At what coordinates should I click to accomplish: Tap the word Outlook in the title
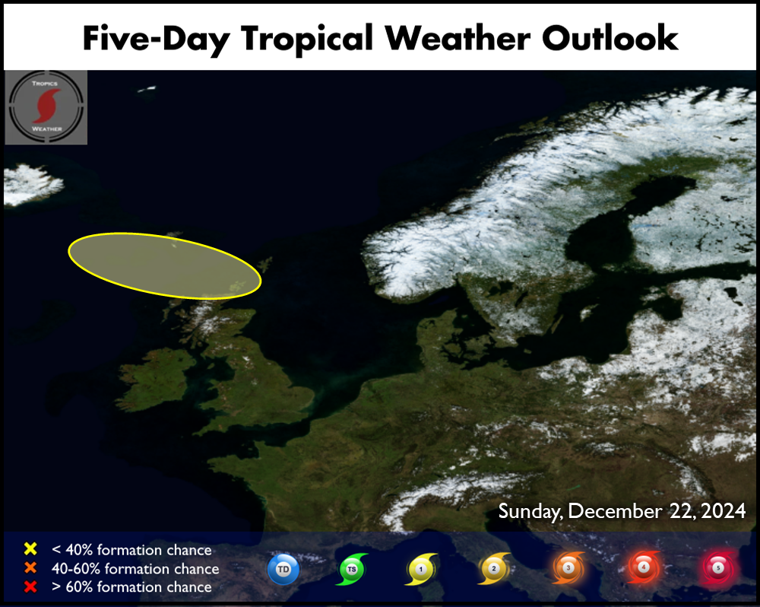click(610, 37)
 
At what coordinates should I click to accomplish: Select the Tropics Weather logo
click(46, 107)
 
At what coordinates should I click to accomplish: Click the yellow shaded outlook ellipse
click(165, 265)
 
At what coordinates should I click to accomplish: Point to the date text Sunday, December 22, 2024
click(622, 511)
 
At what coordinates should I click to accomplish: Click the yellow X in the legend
click(30, 548)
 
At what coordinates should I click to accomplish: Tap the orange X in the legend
click(30, 567)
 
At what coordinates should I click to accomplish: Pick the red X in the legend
click(30, 586)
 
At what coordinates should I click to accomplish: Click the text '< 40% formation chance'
click(131, 550)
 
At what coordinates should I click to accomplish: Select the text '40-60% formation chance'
click(135, 568)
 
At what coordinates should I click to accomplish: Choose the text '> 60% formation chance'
click(131, 586)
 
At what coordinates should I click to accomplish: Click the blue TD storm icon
click(283, 569)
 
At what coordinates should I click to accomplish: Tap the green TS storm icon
click(352, 569)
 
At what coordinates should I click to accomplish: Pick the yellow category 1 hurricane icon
click(421, 569)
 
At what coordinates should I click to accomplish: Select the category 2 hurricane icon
click(494, 568)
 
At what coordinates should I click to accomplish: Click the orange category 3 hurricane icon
click(568, 567)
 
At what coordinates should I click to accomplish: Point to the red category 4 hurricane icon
click(643, 567)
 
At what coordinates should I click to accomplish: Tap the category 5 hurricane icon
click(718, 567)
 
